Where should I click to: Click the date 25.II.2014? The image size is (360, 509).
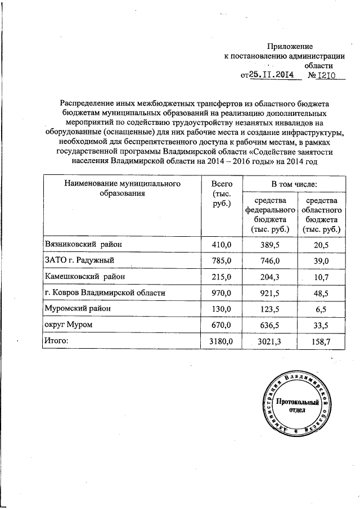pos(272,74)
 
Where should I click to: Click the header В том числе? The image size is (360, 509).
pos(294,184)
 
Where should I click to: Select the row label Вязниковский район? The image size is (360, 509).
pos(82,244)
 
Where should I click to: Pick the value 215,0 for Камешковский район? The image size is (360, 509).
pos(222,277)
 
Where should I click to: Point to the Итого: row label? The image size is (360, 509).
pos(56,341)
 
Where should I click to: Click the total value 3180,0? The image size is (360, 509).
pos(222,341)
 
